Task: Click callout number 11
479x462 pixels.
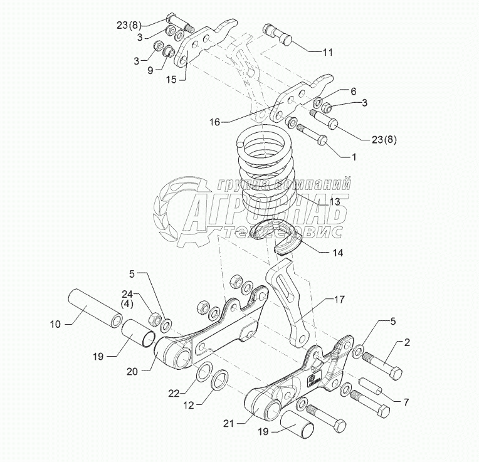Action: [329, 53]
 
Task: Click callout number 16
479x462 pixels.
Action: [214, 123]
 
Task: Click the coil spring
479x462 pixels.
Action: [265, 169]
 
